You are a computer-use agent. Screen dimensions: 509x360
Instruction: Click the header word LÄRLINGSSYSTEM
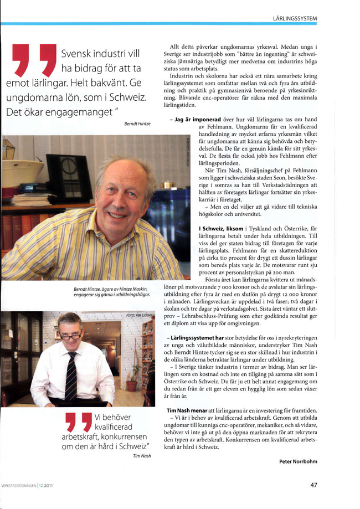(295, 18)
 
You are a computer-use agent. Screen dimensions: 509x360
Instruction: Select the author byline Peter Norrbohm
(298, 461)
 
